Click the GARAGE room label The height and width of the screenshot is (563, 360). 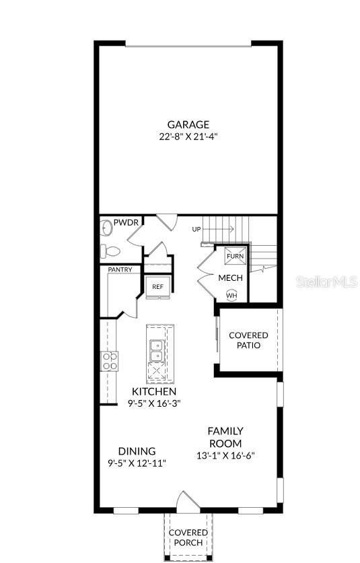tap(188, 125)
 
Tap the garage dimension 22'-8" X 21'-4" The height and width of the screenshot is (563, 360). tap(188, 136)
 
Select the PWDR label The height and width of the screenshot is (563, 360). tap(125, 223)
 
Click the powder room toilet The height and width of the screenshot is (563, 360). tap(110, 251)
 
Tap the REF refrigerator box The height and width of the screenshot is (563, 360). tap(157, 287)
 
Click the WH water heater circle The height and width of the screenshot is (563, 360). tap(231, 295)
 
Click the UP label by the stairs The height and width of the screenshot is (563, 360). tap(196, 230)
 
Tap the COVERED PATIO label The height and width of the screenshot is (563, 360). tap(248, 340)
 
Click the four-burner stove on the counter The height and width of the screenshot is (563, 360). tap(109, 361)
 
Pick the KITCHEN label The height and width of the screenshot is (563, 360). tap(154, 391)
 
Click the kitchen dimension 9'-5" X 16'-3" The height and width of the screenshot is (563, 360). tap(154, 403)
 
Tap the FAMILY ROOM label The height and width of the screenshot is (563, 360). tap(225, 436)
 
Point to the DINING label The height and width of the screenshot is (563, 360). tap(137, 451)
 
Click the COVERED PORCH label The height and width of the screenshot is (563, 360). tap(188, 537)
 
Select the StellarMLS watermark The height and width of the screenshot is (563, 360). tap(327, 281)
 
